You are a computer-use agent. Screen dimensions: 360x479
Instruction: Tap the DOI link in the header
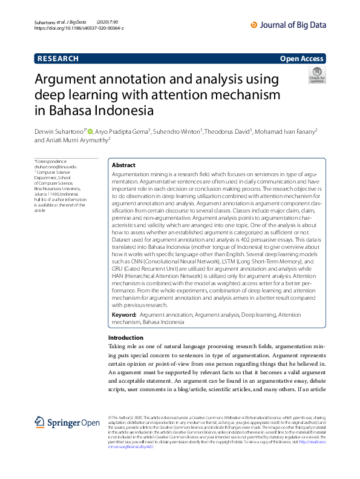pos(79,28)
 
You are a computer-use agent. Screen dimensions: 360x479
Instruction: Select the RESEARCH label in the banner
pos(58,59)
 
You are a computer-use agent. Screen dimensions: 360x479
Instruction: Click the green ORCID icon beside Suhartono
pos(90,130)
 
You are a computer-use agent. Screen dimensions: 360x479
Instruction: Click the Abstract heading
pos(124,165)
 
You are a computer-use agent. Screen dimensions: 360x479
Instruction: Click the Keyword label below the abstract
pos(124,315)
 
